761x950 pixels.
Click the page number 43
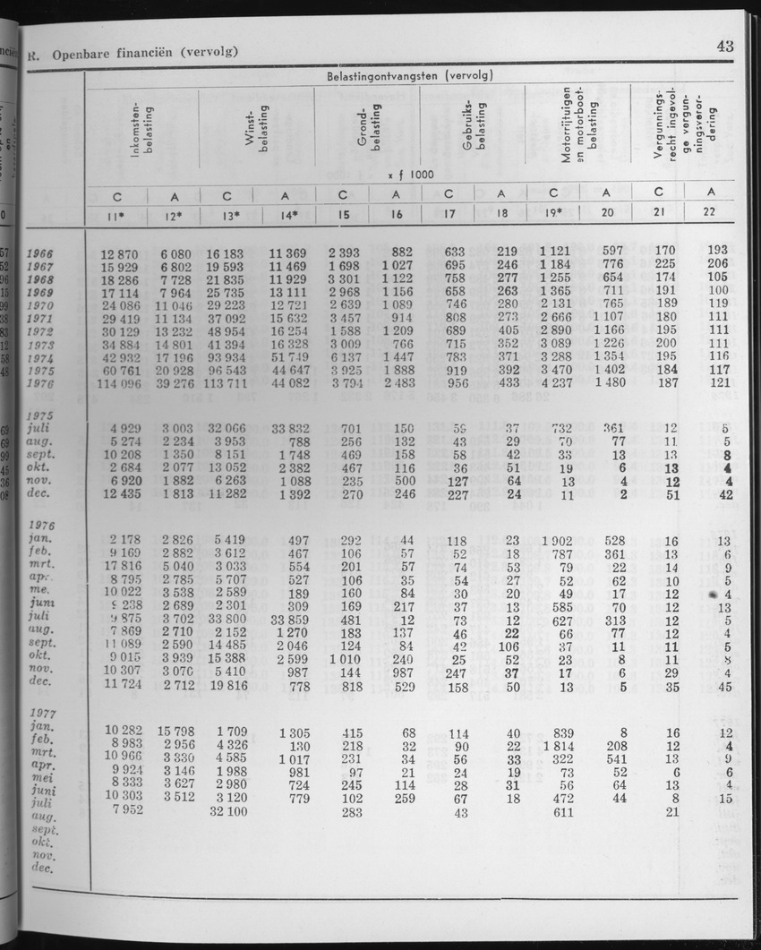pyautogui.click(x=725, y=47)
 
